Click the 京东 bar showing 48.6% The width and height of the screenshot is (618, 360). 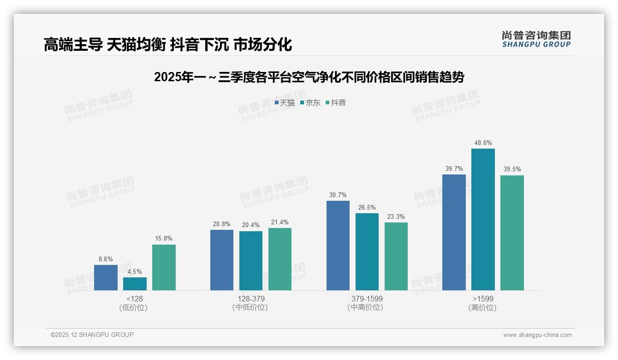click(483, 219)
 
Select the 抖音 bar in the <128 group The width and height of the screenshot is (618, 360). click(164, 267)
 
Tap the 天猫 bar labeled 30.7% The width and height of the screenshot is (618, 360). click(338, 246)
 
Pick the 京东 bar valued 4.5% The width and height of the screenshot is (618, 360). click(135, 284)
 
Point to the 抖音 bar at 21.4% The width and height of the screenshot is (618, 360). click(279, 259)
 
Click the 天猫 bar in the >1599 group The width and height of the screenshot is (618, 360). click(454, 232)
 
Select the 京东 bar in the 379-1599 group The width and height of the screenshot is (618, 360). click(367, 252)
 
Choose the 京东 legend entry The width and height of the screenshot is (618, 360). click(310, 103)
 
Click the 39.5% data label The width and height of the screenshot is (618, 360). click(512, 169)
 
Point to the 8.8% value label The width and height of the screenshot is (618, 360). click(106, 259)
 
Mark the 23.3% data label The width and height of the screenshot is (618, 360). click(396, 217)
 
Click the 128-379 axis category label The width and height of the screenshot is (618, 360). click(250, 303)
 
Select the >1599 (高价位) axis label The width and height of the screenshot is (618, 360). click(482, 303)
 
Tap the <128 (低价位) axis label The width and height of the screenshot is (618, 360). click(134, 303)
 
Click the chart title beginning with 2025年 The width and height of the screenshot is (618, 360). click(309, 77)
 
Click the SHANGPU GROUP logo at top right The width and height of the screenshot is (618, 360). click(536, 39)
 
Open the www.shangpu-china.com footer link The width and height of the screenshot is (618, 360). click(537, 335)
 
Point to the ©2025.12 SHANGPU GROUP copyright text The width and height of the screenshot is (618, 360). click(92, 335)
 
